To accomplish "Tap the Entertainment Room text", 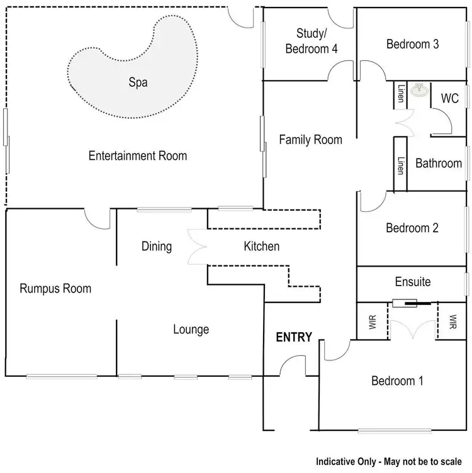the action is (x=138, y=155).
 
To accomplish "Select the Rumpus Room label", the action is (x=55, y=289).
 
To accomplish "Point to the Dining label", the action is (x=157, y=246).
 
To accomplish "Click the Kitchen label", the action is (x=261, y=246).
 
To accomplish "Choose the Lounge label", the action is (x=191, y=329).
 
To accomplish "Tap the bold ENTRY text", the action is (x=295, y=337).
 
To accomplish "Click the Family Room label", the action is (x=311, y=140).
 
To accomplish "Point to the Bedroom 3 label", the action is (x=412, y=44).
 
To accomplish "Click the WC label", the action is (x=450, y=99).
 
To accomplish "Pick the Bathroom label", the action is (x=439, y=164).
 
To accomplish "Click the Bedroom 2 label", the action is (x=412, y=228).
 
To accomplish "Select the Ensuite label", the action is (x=413, y=281).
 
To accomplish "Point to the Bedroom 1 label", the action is (x=397, y=381).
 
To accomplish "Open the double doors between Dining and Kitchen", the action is (x=198, y=247).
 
